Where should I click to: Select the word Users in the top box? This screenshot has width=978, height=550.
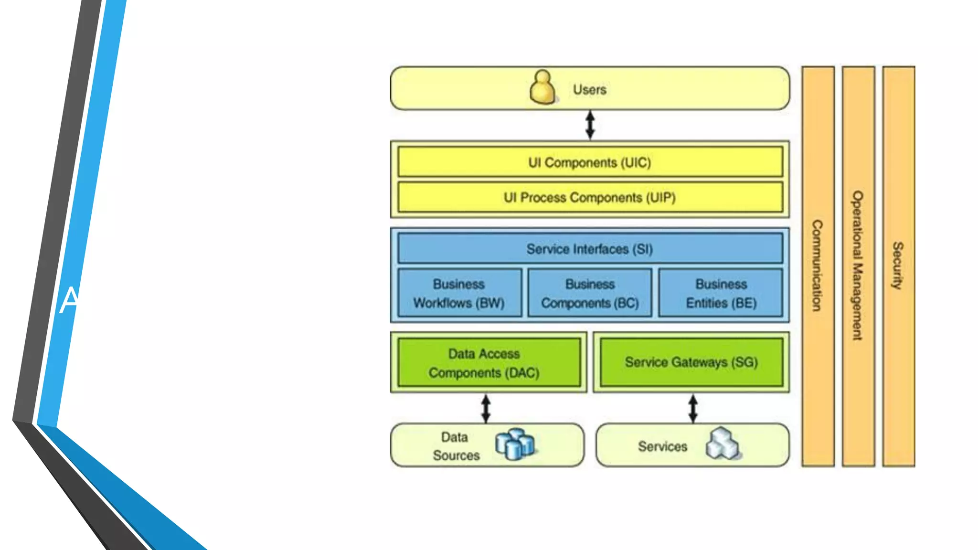[590, 90]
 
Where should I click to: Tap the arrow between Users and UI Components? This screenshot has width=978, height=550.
[590, 125]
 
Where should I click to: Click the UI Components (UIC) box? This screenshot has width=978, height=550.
[590, 162]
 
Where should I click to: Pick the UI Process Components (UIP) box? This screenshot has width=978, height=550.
[590, 197]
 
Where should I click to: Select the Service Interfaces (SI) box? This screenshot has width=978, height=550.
[590, 249]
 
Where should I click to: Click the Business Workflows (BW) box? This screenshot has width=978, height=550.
[459, 293]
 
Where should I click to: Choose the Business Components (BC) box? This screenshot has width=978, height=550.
[590, 293]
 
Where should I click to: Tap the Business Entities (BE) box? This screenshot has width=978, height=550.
[721, 293]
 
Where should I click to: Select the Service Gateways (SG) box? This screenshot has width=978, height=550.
[691, 362]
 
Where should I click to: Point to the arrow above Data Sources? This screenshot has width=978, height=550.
[486, 409]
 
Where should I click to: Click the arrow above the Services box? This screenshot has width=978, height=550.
[693, 409]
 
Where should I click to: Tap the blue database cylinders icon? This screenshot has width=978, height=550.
[515, 444]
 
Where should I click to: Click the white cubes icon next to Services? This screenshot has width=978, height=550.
[723, 444]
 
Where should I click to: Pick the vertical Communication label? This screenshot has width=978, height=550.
[818, 265]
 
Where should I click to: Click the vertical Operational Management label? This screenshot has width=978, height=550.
[858, 265]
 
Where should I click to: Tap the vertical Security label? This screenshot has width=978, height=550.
[898, 265]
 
